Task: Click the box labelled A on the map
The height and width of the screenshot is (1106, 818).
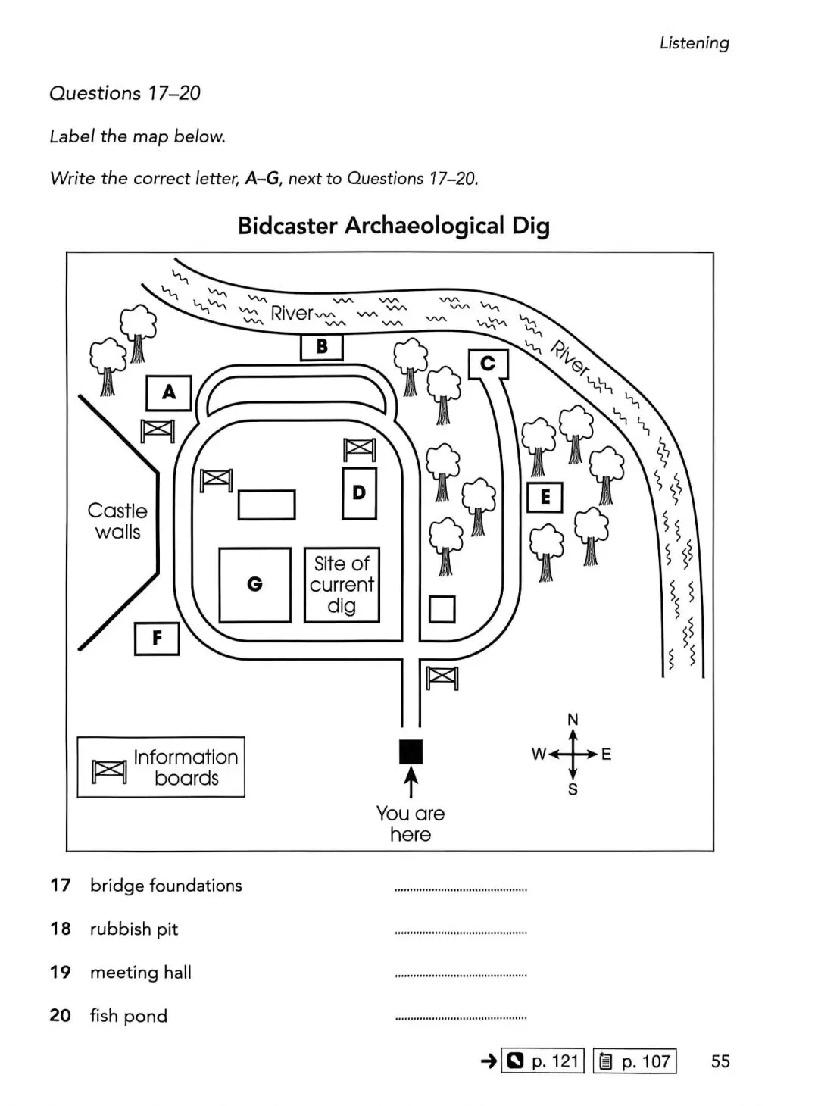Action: click(x=168, y=392)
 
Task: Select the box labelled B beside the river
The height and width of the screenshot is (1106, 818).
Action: click(x=322, y=347)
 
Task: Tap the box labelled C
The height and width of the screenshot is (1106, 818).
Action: click(x=489, y=364)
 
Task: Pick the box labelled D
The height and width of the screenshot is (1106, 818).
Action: click(x=359, y=493)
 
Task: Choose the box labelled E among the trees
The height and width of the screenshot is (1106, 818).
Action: click(x=545, y=498)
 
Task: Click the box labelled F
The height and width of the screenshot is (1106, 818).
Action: click(x=157, y=638)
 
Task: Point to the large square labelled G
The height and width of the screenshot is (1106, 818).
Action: click(x=254, y=585)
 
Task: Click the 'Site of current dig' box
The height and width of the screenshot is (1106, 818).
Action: click(x=342, y=585)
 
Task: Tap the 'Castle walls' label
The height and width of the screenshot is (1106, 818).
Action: click(x=117, y=521)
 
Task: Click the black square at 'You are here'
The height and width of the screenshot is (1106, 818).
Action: click(x=411, y=751)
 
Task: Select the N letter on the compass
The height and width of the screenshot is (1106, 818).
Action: click(x=573, y=719)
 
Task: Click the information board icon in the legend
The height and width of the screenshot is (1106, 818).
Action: click(x=109, y=771)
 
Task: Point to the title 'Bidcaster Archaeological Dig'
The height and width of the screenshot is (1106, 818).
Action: click(x=393, y=226)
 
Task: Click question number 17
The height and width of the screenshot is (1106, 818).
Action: click(x=61, y=885)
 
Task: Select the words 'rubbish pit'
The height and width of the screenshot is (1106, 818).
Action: click(x=134, y=929)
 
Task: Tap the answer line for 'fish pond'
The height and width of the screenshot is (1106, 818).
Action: click(x=461, y=1017)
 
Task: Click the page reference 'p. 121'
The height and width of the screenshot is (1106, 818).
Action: click(x=554, y=1061)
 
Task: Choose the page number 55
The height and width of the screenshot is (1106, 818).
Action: click(x=720, y=1061)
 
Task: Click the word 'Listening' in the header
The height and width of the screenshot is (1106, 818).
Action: click(x=694, y=43)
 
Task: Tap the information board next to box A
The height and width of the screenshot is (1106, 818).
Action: click(x=158, y=431)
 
